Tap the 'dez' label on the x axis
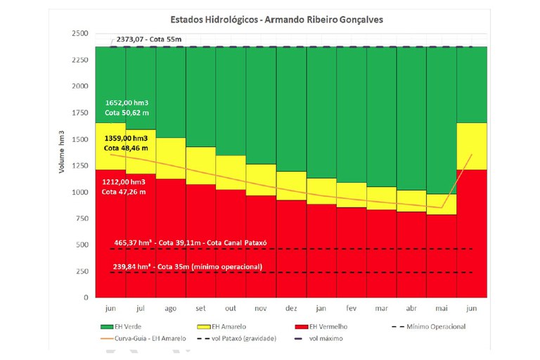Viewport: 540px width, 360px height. [290, 307]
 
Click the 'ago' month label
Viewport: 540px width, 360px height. [171, 307]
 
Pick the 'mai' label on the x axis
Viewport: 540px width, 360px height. [442, 307]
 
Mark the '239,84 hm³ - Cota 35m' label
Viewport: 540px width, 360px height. [186, 266]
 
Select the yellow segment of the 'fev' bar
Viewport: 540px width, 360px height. [351, 194]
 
